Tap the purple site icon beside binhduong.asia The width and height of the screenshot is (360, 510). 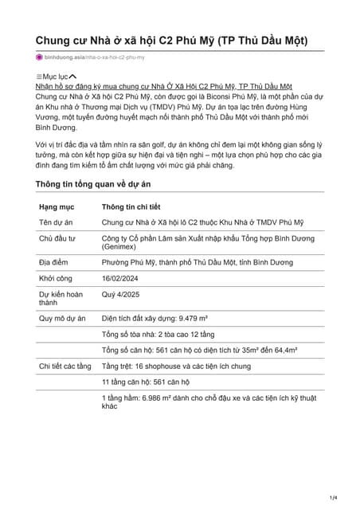point(39,57)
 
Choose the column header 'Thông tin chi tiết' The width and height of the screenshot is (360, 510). point(131,206)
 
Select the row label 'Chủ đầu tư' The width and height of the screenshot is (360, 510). point(57,238)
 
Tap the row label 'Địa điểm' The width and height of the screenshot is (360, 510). point(54,262)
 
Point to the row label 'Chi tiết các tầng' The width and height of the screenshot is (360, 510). point(65,366)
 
